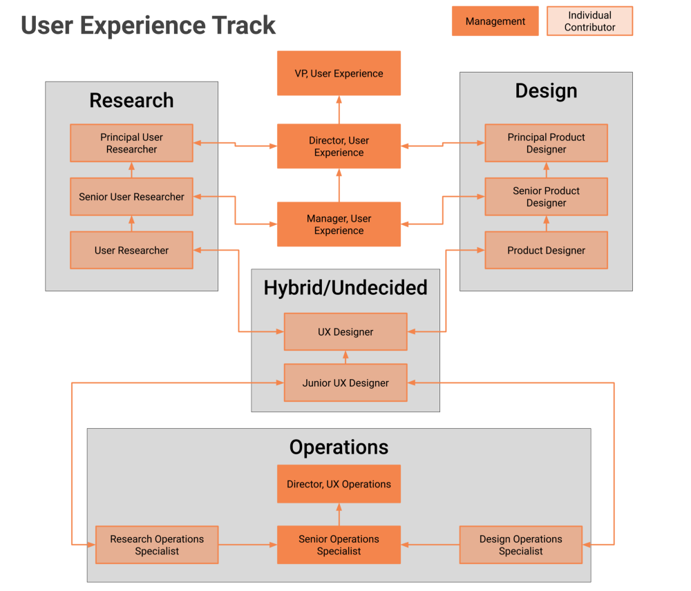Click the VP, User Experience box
(339, 74)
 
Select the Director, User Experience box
(339, 146)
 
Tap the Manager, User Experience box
(339, 224)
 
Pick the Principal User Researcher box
(131, 143)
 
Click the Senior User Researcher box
(131, 197)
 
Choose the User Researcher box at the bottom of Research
(131, 251)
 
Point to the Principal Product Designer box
(546, 143)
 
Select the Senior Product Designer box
(546, 197)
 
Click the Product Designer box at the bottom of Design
(546, 251)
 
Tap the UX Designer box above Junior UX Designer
(345, 332)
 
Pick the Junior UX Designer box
(345, 383)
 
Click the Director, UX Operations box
(339, 484)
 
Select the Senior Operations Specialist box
(339, 545)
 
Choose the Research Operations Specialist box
(157, 545)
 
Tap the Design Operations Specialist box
(521, 545)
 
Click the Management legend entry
(495, 21)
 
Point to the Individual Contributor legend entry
(589, 21)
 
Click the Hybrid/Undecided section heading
(345, 288)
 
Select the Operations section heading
(339, 447)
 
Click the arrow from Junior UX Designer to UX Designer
(345, 358)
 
